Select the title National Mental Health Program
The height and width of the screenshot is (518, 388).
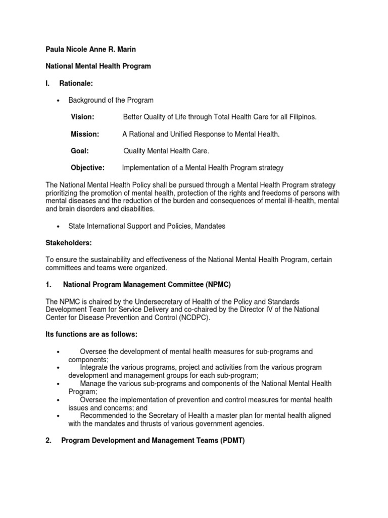coord(98,67)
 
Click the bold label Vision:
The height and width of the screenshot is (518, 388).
coord(82,117)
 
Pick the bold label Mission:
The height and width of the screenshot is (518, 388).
coord(85,134)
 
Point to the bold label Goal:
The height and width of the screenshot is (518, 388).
coord(80,151)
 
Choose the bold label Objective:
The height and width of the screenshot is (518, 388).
coord(87,167)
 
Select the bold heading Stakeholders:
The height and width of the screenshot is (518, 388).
coord(69,243)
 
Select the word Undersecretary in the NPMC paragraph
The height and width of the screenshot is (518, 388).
coord(150,301)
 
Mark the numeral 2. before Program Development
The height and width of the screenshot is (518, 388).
coord(48,441)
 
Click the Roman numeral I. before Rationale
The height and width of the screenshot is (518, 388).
coord(48,83)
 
